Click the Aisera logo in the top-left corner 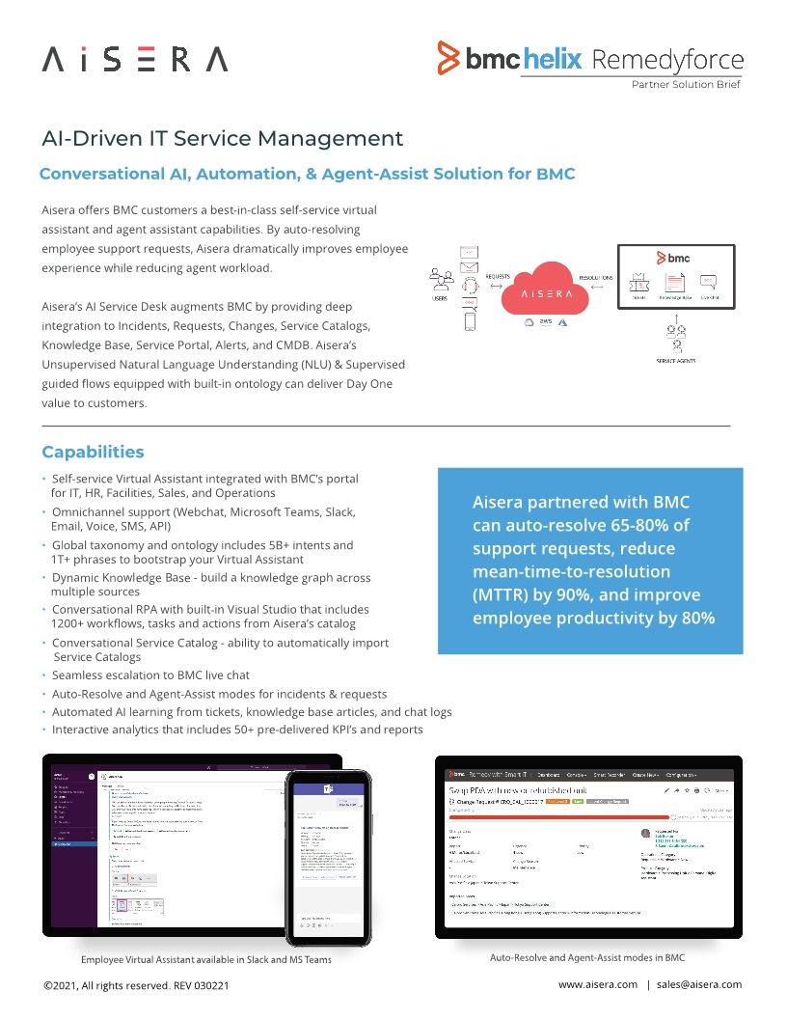135,60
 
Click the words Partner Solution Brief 686,85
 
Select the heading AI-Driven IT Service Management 223,139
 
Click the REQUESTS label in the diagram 498,276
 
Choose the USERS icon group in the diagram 441,281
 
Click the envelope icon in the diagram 470,266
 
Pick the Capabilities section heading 93,453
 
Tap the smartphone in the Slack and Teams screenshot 328,857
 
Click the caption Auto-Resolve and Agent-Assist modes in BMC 586,959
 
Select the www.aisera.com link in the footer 597,984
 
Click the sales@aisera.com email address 698,984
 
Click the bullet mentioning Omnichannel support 203,511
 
